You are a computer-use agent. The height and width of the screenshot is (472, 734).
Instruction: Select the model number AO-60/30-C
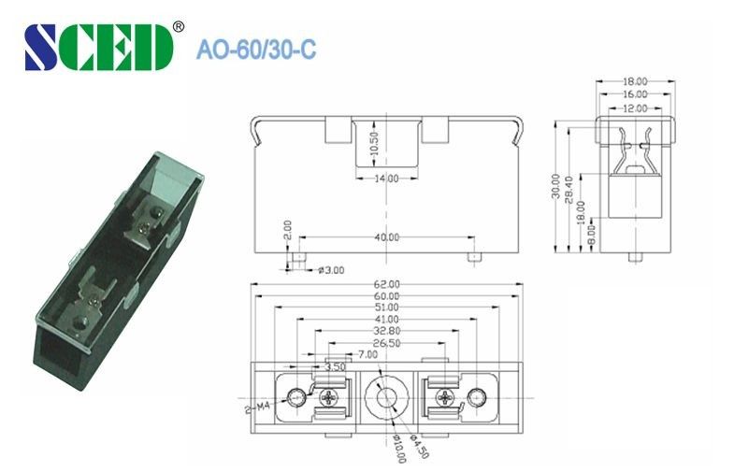(255, 50)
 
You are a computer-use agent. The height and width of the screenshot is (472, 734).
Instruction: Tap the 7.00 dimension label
(367, 354)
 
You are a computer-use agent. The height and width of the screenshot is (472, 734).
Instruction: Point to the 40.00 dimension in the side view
(386, 238)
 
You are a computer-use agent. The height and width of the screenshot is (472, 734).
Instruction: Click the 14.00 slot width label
(386, 178)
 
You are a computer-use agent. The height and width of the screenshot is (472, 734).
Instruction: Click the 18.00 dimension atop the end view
(635, 83)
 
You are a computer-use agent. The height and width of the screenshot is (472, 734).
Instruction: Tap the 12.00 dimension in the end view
(635, 108)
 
